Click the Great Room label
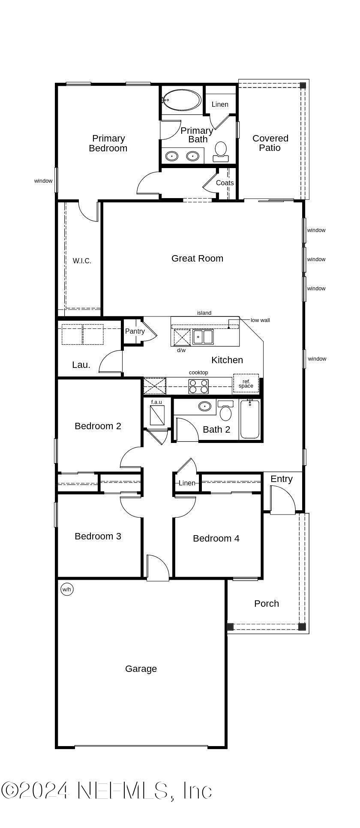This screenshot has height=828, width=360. coord(197,258)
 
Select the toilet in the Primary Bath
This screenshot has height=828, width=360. coord(221,151)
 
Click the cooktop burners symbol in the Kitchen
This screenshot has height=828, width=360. coord(198,386)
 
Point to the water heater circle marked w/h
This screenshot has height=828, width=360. coord(67,589)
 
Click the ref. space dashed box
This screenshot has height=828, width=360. coord(246,383)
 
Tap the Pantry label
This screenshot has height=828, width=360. coord(135,331)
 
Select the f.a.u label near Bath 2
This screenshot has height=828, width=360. coord(156,402)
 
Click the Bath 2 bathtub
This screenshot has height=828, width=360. coord(250,419)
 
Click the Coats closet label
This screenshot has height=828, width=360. coord(225,183)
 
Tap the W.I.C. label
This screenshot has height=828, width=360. coord(82,261)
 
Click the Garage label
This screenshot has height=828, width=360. coord(141,668)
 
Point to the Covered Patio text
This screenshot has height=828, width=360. coord(270,143)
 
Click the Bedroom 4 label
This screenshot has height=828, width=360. coord(216,538)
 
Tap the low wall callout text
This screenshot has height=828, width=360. coord(260,320)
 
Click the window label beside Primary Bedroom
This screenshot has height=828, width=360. coord(43,181)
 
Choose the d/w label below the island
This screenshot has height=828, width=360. coord(181,350)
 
